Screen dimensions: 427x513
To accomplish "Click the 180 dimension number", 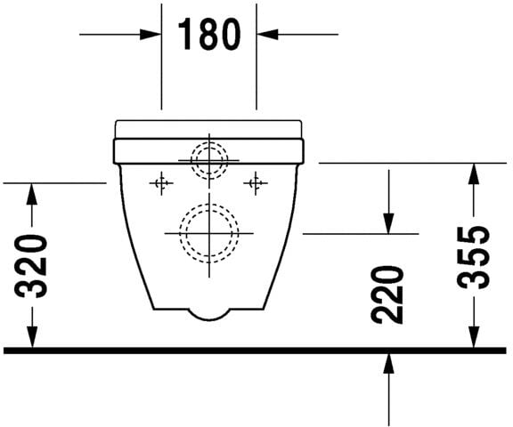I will [x=208, y=35].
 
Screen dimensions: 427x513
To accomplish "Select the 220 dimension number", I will [x=389, y=294].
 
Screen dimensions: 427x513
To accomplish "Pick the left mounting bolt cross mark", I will [x=161, y=183].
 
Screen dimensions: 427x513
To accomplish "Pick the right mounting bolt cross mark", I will [x=256, y=183].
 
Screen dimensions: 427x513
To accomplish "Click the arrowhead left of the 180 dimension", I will [x=151, y=35].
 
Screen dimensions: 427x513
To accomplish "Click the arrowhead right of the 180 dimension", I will [x=266, y=35].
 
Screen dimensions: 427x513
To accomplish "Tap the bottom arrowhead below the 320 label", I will [x=32, y=338].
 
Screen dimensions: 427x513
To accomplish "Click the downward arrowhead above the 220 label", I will [x=389, y=224].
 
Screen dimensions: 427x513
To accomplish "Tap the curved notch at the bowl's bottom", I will [x=209, y=313].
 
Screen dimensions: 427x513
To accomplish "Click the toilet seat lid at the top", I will [x=209, y=127].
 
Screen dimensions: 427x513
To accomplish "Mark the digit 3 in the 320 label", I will [x=33, y=287].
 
